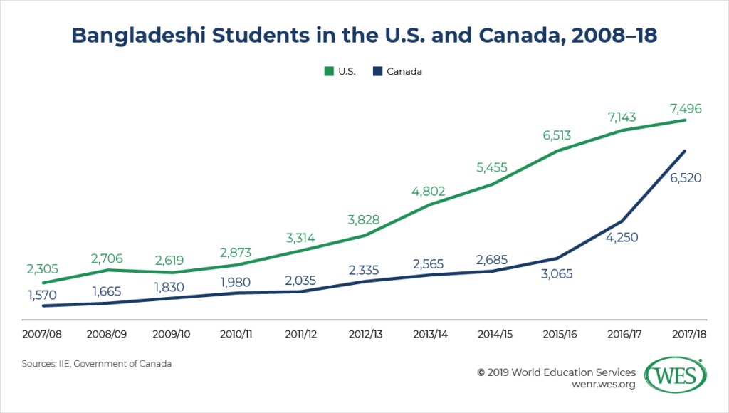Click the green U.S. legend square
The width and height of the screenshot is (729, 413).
pyautogui.click(x=328, y=71)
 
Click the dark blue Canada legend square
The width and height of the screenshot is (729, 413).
pyautogui.click(x=379, y=71)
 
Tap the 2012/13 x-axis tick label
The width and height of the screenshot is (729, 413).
pyautogui.click(x=364, y=333)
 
